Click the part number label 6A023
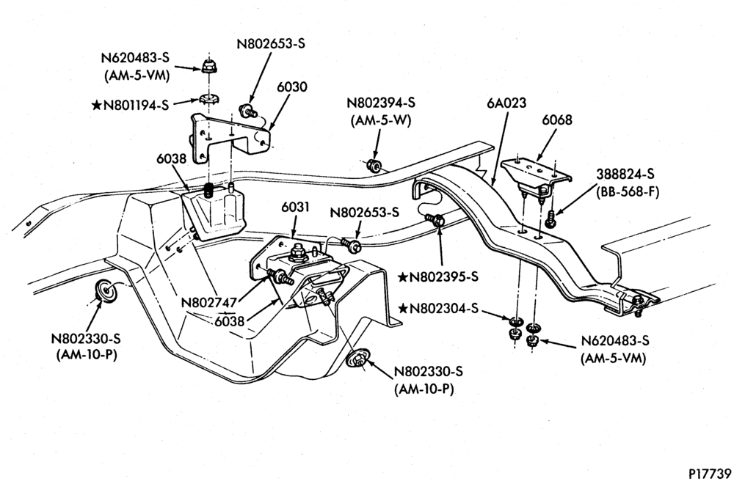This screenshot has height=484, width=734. point(506,103)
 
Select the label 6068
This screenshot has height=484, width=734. point(557,120)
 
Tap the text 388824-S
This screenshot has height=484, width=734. point(625,174)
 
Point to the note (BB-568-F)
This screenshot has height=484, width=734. point(628,191)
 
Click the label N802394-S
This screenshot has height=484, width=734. point(380,103)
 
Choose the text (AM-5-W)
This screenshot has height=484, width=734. point(380,121)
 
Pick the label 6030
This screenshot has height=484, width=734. point(291,87)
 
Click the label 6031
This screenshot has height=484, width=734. point(295,207)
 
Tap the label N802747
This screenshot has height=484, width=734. point(208,303)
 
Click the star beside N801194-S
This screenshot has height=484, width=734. point(96,105)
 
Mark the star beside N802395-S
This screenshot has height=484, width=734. point(402,277)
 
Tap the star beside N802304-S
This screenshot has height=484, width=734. point(402,309)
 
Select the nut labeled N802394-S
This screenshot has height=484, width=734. point(373,165)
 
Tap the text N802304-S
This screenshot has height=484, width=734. point(444,309)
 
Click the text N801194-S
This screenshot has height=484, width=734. point(136,105)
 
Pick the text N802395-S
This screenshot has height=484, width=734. point(444,277)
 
